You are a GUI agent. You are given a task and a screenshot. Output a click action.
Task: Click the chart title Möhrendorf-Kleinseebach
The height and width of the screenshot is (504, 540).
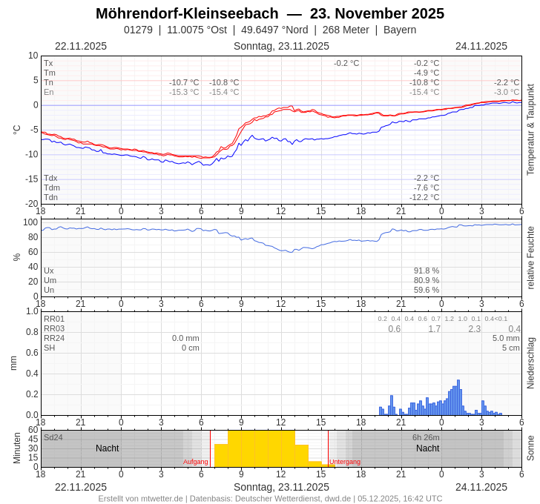[x=187, y=13]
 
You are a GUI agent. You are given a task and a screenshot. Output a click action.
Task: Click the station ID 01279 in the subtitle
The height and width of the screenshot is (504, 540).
[x=138, y=30]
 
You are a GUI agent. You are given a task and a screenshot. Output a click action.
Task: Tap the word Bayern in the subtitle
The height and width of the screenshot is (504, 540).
[x=400, y=30]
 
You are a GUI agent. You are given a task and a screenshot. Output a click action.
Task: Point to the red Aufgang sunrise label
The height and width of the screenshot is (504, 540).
[x=196, y=462]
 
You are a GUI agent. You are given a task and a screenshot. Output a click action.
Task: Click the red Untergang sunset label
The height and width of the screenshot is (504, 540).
[x=345, y=462]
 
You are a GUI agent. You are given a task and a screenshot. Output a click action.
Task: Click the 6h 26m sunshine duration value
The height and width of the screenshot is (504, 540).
[x=426, y=437]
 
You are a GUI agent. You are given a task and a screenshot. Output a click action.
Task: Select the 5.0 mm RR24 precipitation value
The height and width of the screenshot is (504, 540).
[x=506, y=338]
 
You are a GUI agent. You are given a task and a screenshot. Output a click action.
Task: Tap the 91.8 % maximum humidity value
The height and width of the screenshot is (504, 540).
[x=426, y=271]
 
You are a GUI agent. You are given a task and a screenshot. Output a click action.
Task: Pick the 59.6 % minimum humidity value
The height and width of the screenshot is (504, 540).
[x=426, y=290]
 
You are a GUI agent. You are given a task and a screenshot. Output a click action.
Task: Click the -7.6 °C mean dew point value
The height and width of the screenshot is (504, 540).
[x=426, y=188]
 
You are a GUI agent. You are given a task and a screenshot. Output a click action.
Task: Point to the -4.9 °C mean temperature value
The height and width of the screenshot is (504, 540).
[x=426, y=73]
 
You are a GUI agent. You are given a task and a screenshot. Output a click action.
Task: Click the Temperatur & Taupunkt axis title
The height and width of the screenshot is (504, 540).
[x=530, y=130]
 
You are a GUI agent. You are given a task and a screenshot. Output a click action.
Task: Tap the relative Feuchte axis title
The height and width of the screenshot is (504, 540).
[x=530, y=258]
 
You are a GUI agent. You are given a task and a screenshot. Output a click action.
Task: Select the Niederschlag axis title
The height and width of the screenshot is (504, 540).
[x=530, y=363]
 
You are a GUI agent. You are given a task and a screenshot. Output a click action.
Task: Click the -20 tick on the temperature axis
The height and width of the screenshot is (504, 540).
[x=32, y=204]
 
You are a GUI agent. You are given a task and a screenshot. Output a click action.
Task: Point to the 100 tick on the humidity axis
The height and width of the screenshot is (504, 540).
[x=30, y=222]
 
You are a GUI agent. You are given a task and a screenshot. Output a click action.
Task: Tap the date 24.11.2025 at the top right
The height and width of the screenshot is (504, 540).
[x=481, y=46]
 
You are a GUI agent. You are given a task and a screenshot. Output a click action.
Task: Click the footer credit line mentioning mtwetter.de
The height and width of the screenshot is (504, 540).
[x=270, y=499]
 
